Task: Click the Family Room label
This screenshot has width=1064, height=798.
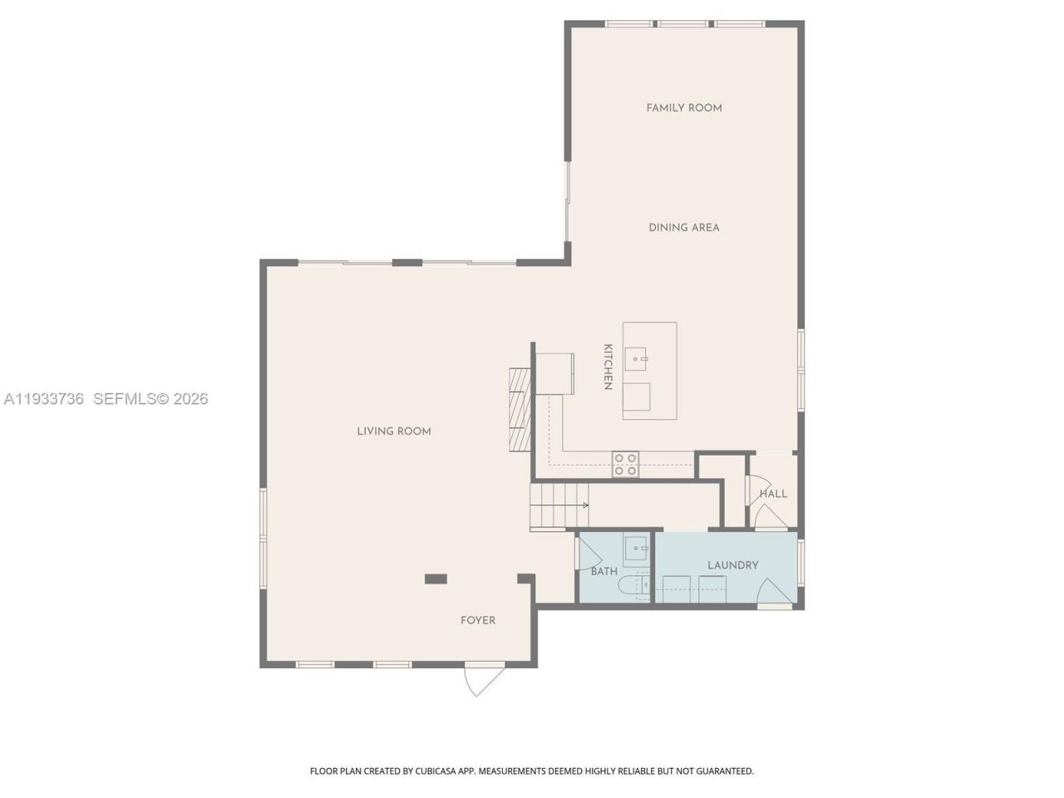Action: tap(684, 108)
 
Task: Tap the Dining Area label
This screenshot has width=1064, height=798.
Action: tap(684, 228)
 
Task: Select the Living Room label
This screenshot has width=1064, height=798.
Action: tap(394, 431)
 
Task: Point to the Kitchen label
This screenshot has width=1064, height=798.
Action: tap(608, 367)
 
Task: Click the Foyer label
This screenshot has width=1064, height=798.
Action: tap(478, 620)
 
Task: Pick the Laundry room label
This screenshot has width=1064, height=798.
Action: tap(732, 565)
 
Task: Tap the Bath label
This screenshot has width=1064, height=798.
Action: tap(604, 571)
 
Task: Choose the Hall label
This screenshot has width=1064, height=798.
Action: tap(773, 494)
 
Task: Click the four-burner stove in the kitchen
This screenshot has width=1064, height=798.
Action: tap(625, 465)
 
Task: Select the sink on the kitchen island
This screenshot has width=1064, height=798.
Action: tap(638, 360)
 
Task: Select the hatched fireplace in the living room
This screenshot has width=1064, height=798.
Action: tap(520, 408)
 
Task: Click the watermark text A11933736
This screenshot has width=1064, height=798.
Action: tap(44, 399)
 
